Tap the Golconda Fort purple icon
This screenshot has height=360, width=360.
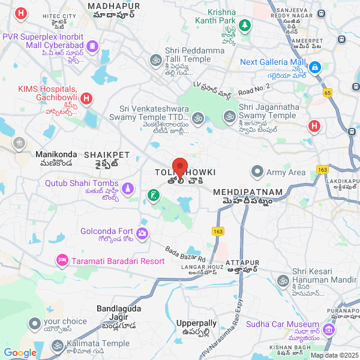142,232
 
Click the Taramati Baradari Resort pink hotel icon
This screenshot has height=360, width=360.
61,260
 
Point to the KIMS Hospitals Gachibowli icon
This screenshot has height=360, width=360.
86,97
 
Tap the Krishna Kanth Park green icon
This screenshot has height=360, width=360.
244,25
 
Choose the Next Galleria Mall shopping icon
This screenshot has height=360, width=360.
316,66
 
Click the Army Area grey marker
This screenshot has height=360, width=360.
257,172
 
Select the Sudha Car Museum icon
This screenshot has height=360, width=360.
328,330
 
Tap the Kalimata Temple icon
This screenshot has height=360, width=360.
58,345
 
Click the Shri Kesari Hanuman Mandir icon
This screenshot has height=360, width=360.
283,281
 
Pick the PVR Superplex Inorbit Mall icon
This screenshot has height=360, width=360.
92,46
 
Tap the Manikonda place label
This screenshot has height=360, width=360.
54,154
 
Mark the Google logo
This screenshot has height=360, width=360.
20,353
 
